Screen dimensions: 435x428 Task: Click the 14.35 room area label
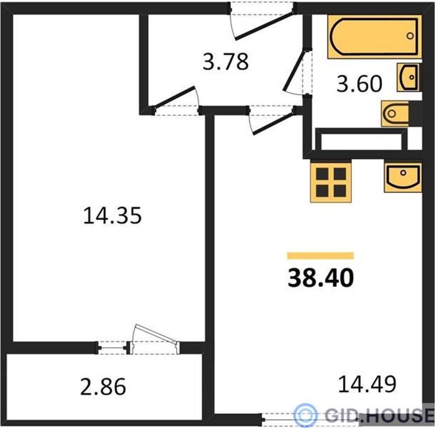(x=112, y=216)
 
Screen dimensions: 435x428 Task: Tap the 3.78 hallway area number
(x=226, y=62)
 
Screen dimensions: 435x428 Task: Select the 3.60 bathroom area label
(x=359, y=84)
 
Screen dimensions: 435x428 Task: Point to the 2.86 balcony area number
(x=103, y=386)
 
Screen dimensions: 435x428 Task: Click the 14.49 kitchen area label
(x=367, y=384)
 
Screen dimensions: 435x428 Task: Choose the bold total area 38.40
(x=321, y=278)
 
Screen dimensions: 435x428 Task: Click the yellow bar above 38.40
(x=321, y=255)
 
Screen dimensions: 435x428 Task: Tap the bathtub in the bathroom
(x=375, y=37)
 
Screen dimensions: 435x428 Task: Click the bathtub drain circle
(x=410, y=36)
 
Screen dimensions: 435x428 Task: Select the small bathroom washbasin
(x=408, y=77)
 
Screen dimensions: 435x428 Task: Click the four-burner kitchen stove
(x=331, y=182)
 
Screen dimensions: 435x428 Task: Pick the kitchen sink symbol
(x=403, y=178)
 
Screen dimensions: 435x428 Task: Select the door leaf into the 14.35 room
(x=174, y=97)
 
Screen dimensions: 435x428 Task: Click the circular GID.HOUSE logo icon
(x=305, y=415)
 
